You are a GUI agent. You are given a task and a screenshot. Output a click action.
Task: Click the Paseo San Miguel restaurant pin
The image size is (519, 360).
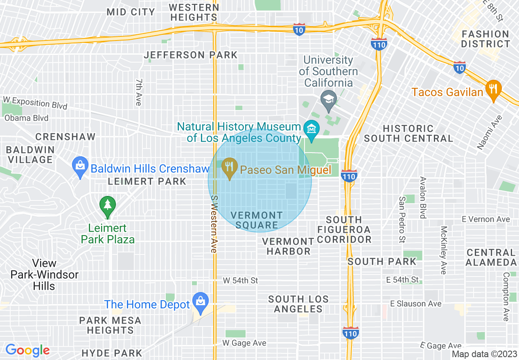[230, 168]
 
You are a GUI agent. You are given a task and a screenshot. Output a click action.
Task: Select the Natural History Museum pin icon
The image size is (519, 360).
[311, 129]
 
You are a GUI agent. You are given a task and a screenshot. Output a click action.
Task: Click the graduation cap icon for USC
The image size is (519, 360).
[329, 99]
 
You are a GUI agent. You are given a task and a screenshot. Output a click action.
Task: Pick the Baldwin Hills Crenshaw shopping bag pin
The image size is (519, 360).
[80, 167]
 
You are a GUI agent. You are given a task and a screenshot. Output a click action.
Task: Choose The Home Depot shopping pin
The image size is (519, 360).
[201, 302]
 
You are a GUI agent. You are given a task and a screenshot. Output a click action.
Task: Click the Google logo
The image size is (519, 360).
[27, 350]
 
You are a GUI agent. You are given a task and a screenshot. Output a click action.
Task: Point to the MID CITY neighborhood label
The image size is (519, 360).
[131, 12]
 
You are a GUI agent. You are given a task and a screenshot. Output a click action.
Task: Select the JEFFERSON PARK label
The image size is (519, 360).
[191, 55]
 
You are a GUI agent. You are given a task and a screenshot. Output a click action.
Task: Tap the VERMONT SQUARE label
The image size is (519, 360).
[257, 220]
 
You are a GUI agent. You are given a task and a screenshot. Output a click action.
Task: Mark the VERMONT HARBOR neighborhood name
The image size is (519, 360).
[289, 246]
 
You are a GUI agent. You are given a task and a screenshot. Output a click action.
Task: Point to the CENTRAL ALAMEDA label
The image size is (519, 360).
[491, 257]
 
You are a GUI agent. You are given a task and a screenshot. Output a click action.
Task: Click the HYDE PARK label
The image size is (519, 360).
[112, 353]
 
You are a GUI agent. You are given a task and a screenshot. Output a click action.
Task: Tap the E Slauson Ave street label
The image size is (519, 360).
[416, 304]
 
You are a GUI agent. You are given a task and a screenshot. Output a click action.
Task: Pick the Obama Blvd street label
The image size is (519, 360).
[27, 118]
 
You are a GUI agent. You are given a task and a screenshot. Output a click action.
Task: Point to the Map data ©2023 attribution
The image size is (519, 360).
[484, 354]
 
